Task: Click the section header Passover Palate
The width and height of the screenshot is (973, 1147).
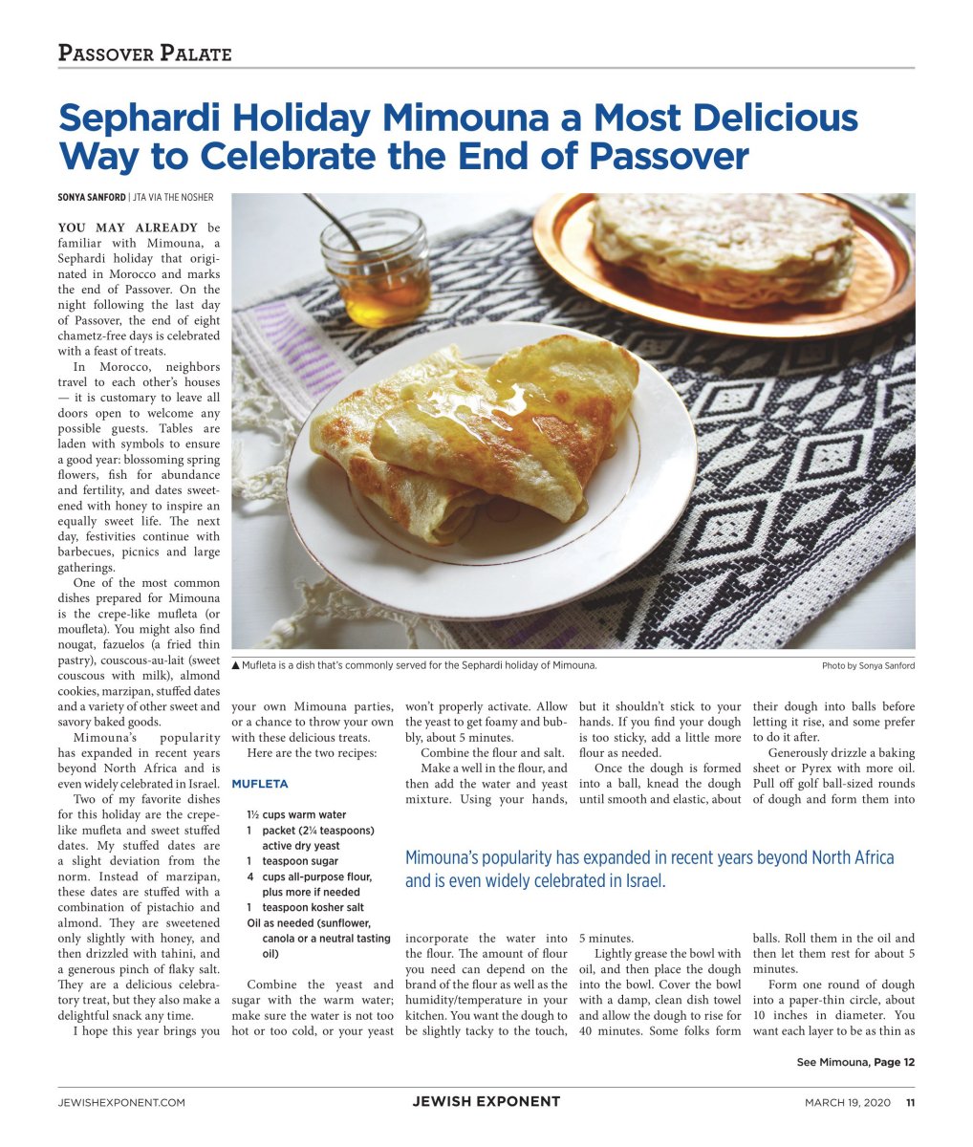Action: (x=144, y=54)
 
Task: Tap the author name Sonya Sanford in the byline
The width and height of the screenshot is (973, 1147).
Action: (x=91, y=198)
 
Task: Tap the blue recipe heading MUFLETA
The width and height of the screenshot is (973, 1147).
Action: (x=259, y=784)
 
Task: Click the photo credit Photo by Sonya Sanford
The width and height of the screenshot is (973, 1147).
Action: (x=867, y=665)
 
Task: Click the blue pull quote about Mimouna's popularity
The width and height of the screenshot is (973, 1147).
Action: (x=649, y=869)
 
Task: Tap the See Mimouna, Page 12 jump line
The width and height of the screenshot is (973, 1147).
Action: (x=855, y=1062)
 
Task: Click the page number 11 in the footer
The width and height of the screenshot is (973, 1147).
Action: (x=910, y=1102)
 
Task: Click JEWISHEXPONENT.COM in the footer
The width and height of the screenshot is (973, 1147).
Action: (x=121, y=1102)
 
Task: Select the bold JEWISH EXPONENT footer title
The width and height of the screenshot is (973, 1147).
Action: (x=486, y=1101)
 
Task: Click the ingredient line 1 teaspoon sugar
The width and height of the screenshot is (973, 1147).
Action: (x=292, y=861)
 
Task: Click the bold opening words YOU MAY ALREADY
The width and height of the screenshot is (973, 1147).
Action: (x=128, y=228)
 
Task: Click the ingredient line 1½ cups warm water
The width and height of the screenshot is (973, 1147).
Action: (x=296, y=815)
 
